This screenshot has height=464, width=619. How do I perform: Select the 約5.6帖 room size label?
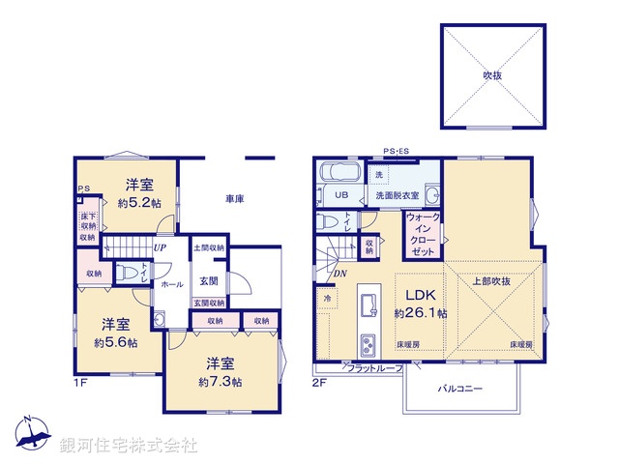pyautogui.click(x=115, y=342)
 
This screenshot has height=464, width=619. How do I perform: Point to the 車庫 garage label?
pyautogui.click(x=235, y=199)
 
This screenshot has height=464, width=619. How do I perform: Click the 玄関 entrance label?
pyautogui.click(x=209, y=281)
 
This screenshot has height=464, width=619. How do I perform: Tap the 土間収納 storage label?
pyautogui.click(x=209, y=248)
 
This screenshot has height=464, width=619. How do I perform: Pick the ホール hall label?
pyautogui.click(x=172, y=285)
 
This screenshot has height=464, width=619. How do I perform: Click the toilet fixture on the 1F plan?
pyautogui.click(x=125, y=274)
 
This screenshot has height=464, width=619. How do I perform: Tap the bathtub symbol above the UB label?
pyautogui.click(x=339, y=174)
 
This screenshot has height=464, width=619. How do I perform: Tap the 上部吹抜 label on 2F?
pyautogui.click(x=491, y=281)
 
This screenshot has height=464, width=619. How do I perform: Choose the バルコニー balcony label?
pyautogui.click(x=463, y=389)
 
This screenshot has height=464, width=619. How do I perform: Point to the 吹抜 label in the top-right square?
pyautogui.click(x=493, y=74)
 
